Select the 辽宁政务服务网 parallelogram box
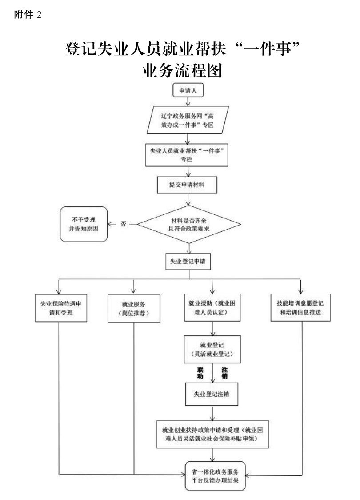(187, 120)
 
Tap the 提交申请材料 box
(187, 185)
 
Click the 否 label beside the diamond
(124, 224)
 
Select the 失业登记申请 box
(188, 261)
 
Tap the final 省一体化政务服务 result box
(215, 476)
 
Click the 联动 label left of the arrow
(200, 373)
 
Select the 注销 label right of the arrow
(224, 373)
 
